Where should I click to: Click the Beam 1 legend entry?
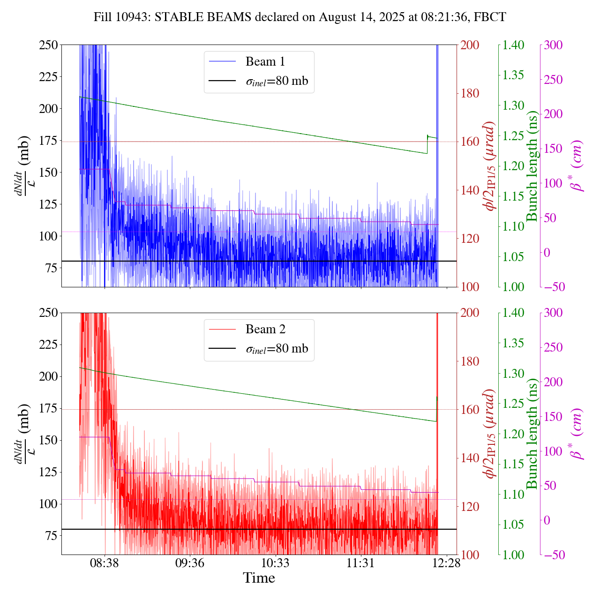pos(265,62)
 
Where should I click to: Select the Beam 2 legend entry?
pos(265,330)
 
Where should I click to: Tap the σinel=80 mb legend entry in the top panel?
pos(277,81)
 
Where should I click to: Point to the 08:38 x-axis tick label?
pos(105,562)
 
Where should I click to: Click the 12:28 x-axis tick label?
pos(446,562)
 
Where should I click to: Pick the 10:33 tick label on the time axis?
pos(275,562)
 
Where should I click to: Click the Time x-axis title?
pos(259,578)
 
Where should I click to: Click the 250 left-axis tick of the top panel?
pos(49,45)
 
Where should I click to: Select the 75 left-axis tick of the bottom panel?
pos(52,536)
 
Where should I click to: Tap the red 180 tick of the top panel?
pos(470,93)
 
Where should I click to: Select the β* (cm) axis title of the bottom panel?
pos(577,434)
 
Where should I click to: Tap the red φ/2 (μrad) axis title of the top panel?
pos(490,166)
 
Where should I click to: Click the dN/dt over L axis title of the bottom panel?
pos(21,434)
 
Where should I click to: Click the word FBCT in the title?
pos(490,17)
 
